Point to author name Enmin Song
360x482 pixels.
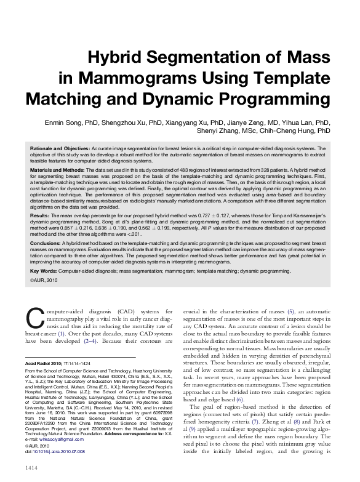(65, 123)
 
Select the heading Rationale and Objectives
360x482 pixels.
(60, 149)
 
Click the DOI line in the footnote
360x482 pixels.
(55, 451)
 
